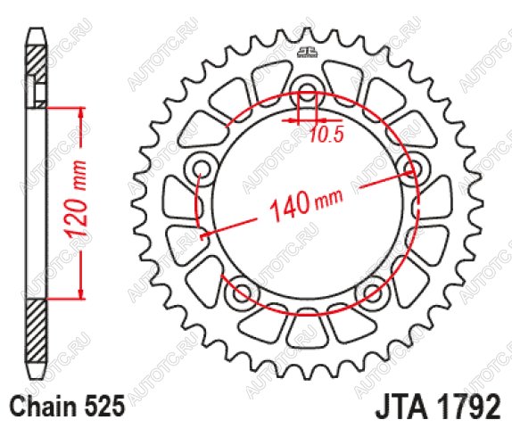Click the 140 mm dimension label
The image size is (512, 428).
[x=306, y=204]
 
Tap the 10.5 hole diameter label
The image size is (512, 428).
[x=326, y=135]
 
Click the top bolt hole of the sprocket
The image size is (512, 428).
[x=307, y=91]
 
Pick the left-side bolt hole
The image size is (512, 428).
[x=202, y=169]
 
